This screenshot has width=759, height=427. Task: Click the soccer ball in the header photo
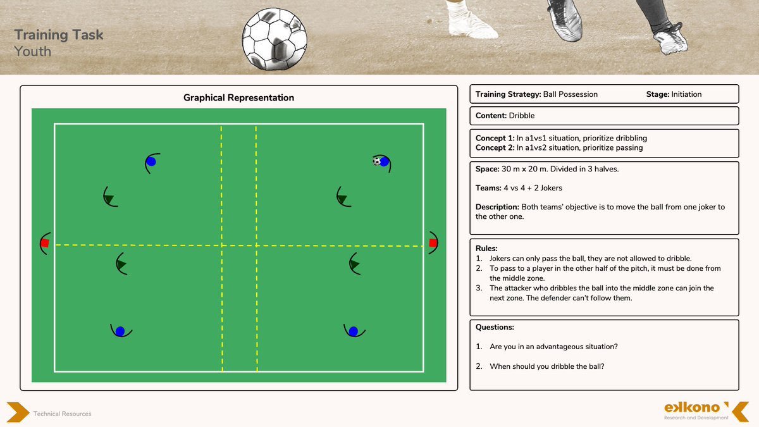[276, 37]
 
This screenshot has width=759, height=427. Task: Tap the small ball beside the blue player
[377, 161]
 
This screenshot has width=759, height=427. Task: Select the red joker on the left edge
[45, 243]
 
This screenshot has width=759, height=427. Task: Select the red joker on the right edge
[433, 243]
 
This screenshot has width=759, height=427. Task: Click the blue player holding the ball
[385, 161]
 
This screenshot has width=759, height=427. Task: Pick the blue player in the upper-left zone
[151, 162]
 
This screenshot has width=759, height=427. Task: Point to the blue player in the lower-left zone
[120, 330]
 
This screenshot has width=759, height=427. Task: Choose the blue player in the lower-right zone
[353, 331]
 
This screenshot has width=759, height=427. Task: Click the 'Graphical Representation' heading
[238, 97]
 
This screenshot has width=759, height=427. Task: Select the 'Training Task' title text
[59, 35]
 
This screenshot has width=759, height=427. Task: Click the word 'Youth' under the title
[33, 51]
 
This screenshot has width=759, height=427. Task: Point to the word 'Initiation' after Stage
[686, 94]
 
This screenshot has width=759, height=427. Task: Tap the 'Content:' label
[491, 116]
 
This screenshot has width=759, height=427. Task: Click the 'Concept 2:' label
[495, 147]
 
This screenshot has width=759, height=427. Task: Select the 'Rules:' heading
[486, 249]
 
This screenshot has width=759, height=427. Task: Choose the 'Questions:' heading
[495, 327]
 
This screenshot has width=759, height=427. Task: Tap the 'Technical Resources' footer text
[62, 414]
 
